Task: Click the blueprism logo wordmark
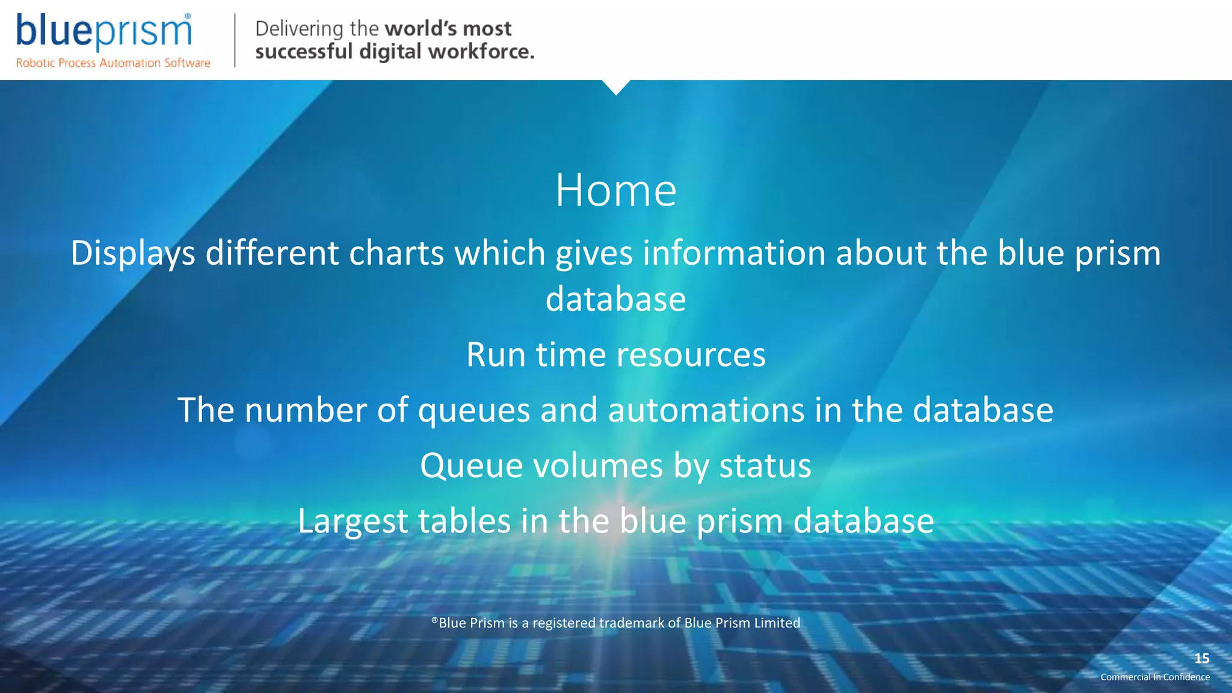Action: point(103,31)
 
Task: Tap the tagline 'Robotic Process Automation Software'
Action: point(113,63)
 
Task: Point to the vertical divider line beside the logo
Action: point(234,40)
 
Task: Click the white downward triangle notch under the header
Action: point(616,87)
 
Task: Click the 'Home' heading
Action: point(615,190)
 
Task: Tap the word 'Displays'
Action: point(132,253)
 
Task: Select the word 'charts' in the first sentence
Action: point(396,253)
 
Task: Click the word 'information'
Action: point(733,253)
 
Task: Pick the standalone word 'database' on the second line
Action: point(615,299)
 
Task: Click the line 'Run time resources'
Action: point(615,354)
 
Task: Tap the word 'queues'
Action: point(474,410)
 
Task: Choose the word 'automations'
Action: point(706,410)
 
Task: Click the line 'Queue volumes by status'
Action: point(615,466)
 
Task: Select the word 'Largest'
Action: point(353,521)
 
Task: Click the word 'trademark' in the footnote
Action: point(631,623)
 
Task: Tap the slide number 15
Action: point(1201,659)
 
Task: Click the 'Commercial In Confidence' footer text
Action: point(1154,677)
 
